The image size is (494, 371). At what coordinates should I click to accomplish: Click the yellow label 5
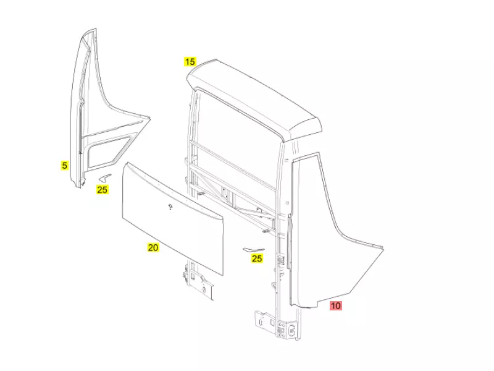pos(64,165)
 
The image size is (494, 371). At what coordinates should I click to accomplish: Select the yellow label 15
pos(190,61)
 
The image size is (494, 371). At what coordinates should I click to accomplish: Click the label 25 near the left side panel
pos(103,189)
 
